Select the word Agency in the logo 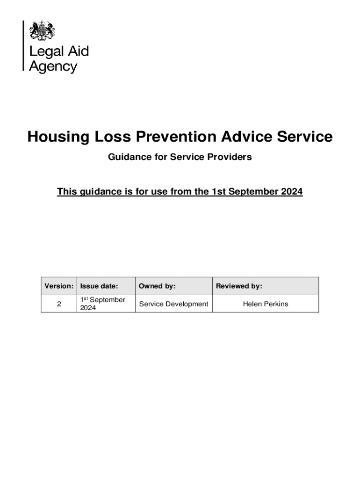coord(53,66)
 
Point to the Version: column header coord(59,286)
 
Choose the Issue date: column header coord(99,286)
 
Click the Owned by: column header coord(157,286)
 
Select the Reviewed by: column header coord(239,286)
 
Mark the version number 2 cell coord(59,304)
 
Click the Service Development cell coord(173,304)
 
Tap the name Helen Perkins coord(266,304)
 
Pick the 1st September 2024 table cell coord(103,304)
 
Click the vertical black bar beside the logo coord(23,45)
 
